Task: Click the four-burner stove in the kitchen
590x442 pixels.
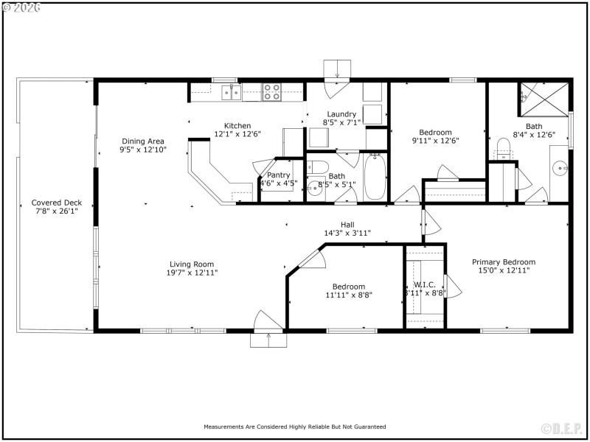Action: click(x=271, y=91)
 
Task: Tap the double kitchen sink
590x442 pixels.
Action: click(x=232, y=91)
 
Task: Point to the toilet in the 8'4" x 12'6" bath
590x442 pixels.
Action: click(x=504, y=153)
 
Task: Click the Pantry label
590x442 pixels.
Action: click(x=278, y=175)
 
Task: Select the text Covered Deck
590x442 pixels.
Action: click(x=56, y=203)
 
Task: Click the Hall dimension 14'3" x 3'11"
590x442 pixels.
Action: click(x=347, y=233)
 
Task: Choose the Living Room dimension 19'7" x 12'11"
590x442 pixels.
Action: click(x=192, y=273)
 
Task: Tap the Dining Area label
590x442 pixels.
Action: click(x=143, y=141)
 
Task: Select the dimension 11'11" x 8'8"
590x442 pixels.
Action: click(x=348, y=295)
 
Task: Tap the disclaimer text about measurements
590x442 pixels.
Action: click(x=295, y=427)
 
